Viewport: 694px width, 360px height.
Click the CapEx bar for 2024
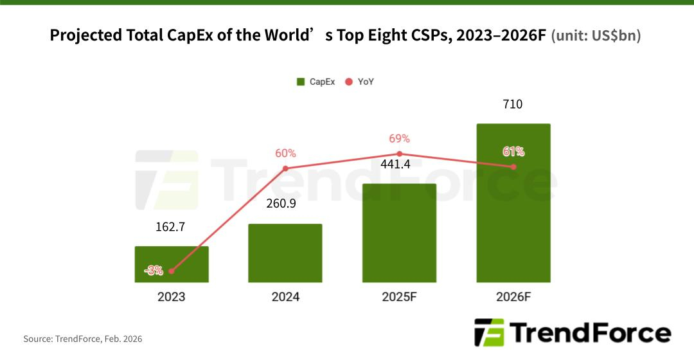pos(285,253)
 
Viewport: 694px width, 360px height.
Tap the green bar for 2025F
pos(399,233)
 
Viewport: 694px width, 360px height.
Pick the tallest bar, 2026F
pos(513,203)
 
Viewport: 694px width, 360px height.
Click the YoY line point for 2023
pos(172,272)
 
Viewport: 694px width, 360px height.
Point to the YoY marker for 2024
pos(285,168)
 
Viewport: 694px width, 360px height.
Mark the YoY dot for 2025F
pos(399,154)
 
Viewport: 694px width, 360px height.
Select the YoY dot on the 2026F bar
pos(513,167)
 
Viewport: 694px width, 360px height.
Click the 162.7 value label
pos(172,226)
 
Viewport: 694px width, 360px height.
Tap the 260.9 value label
pos(285,204)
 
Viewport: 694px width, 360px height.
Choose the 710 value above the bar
pos(513,104)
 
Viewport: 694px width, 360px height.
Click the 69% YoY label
pos(399,139)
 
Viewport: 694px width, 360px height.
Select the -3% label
pos(154,271)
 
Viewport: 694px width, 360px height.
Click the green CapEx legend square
pos(300,82)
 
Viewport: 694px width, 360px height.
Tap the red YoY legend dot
pos(349,82)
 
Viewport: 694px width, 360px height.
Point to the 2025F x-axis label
pos(399,297)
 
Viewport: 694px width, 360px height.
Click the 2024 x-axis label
pos(285,297)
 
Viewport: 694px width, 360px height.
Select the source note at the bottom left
pos(83,338)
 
